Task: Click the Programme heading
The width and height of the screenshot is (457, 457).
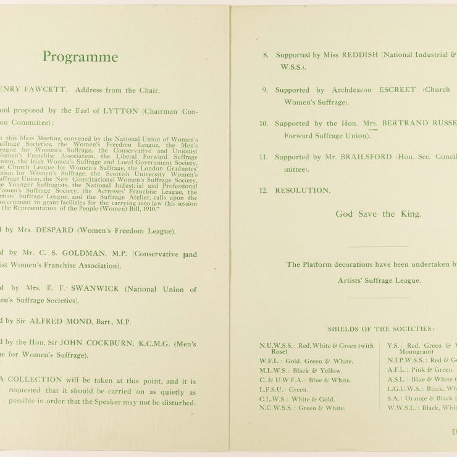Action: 80,57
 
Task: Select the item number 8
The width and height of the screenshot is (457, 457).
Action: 266,55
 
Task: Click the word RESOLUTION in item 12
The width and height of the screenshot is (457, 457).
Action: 303,190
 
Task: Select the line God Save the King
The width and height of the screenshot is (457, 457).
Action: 379,214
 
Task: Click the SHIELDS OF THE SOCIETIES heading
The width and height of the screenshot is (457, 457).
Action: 380,329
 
